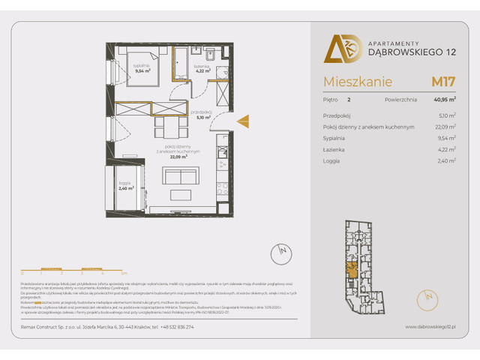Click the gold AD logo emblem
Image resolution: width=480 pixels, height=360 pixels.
click(x=337, y=49)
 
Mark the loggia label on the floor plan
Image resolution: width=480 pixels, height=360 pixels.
click(x=125, y=185)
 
